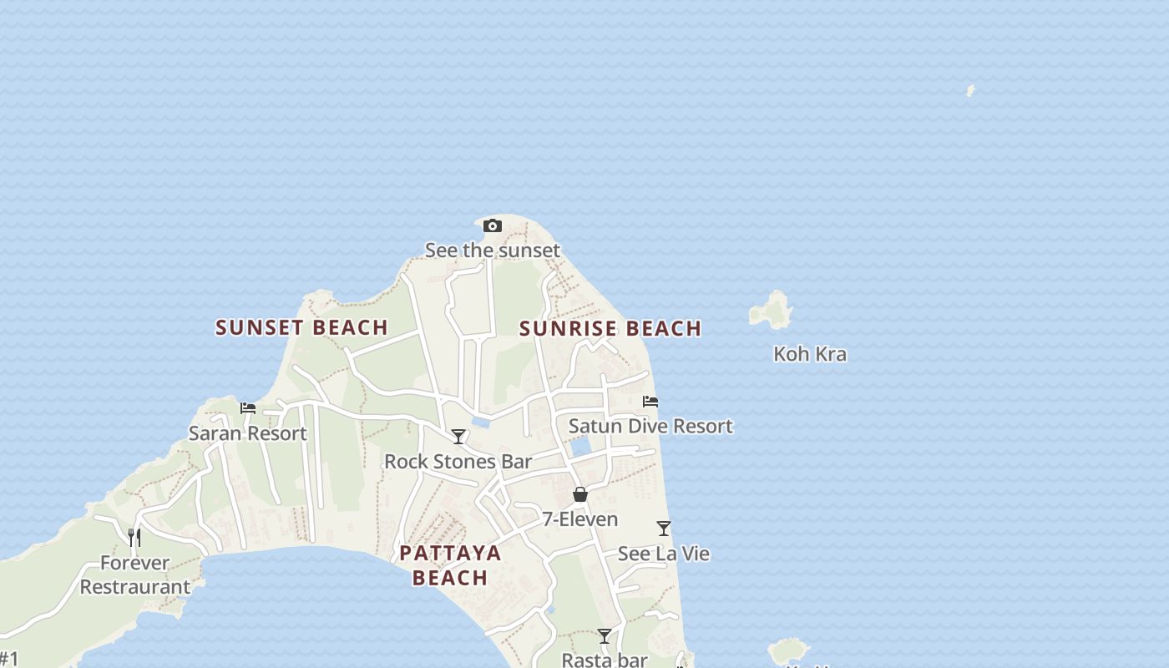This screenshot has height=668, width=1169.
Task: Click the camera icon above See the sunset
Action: (493, 225)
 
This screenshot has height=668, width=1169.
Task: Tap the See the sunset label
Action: (493, 250)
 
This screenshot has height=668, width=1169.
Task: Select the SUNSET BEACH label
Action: (301, 327)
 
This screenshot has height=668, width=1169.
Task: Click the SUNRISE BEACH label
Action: (610, 328)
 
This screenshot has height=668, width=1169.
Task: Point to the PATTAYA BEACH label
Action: (450, 565)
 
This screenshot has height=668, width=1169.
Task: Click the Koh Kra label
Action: (810, 353)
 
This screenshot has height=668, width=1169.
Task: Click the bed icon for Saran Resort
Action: (248, 408)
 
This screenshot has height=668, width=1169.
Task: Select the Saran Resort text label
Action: (248, 433)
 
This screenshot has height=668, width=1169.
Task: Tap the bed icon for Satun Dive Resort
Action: (650, 402)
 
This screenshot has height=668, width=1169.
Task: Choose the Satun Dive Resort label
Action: (650, 426)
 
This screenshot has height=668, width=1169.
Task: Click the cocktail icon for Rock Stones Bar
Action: (458, 436)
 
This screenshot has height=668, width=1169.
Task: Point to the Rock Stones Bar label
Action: (458, 461)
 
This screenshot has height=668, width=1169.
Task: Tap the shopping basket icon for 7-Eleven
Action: (580, 494)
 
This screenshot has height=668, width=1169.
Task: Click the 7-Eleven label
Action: (580, 519)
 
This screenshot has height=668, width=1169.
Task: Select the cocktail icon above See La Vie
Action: (664, 529)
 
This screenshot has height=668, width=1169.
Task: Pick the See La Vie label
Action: (664, 554)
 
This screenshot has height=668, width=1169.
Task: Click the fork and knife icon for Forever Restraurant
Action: (134, 537)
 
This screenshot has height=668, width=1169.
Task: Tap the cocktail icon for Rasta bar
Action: (605, 636)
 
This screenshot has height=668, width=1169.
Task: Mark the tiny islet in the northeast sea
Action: (970, 90)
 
